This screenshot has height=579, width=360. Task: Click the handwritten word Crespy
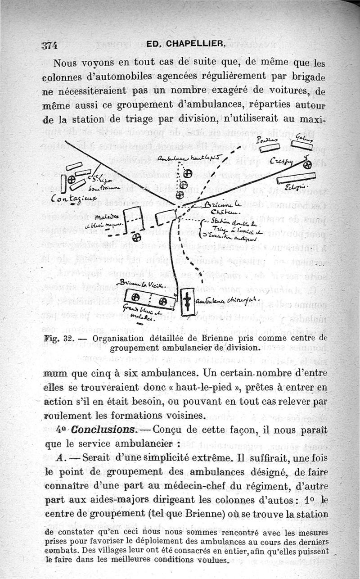pos(285,162)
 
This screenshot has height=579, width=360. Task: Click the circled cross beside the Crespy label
pos(308,165)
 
